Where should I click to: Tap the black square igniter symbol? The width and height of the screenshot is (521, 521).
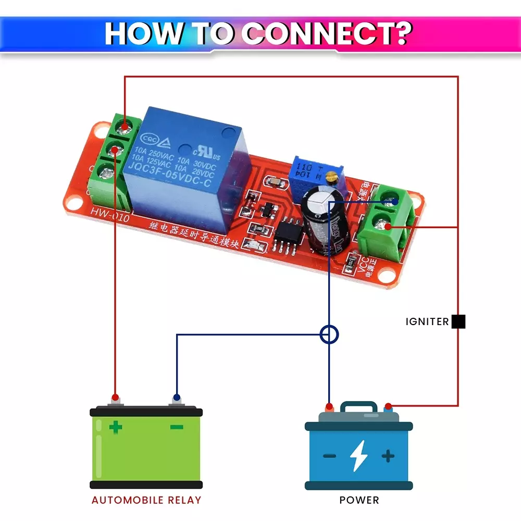[x=458, y=321]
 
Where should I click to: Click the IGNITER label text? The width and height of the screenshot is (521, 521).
[x=427, y=322]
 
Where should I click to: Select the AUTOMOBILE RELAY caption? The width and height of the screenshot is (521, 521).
[x=146, y=500]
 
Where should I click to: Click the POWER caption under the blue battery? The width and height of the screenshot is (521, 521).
[x=359, y=500]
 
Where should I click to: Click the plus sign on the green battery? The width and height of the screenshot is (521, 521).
[x=116, y=428]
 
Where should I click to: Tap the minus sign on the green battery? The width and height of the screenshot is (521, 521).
[x=177, y=428]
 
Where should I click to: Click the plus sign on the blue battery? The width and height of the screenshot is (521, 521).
[x=388, y=456]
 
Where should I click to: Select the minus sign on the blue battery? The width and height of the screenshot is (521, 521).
[x=329, y=456]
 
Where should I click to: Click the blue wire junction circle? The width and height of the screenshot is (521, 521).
[x=329, y=334]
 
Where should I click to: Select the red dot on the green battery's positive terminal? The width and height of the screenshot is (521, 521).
[x=115, y=397]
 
